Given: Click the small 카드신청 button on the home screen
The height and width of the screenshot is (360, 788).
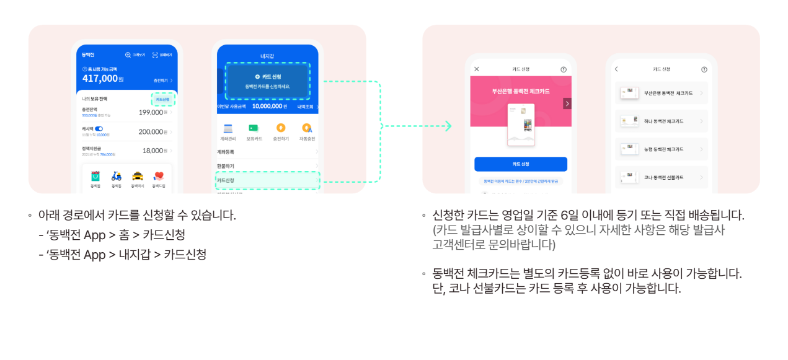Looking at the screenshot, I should tap(163, 99).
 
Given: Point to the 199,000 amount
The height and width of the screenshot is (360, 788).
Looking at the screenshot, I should tap(151, 112).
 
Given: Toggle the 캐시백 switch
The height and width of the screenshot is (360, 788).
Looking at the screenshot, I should tap(99, 128).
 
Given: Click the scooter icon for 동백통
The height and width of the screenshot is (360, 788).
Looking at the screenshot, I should tap(117, 176).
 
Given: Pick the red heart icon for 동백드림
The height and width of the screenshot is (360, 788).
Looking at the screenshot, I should tap(159, 176).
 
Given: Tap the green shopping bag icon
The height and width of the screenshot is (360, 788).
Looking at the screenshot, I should tap(95, 176).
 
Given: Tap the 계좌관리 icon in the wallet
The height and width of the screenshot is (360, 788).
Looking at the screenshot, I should tap(228, 128).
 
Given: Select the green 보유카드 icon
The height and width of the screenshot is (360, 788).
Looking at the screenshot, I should tap(253, 128).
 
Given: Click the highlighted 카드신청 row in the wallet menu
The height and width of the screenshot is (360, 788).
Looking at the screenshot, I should tap(267, 180).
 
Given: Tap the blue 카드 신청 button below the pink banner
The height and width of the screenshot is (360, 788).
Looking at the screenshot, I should tap(521, 164).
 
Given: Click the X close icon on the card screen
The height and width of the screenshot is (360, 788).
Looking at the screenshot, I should tap(477, 69).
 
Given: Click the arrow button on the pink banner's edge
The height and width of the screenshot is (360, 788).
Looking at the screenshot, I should tap(567, 103).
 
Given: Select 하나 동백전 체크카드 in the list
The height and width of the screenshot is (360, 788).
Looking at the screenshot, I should tap(662, 121).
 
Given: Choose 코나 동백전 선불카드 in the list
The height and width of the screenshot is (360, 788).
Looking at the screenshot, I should tap(662, 177).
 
